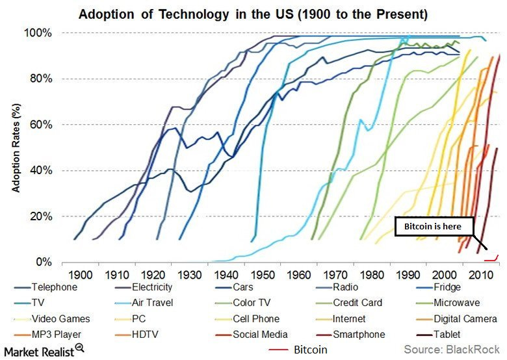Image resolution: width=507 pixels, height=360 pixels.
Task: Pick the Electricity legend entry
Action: point(149,287)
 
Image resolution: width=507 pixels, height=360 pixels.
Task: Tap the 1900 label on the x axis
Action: point(81,275)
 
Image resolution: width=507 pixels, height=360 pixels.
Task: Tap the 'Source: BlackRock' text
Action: point(450,350)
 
